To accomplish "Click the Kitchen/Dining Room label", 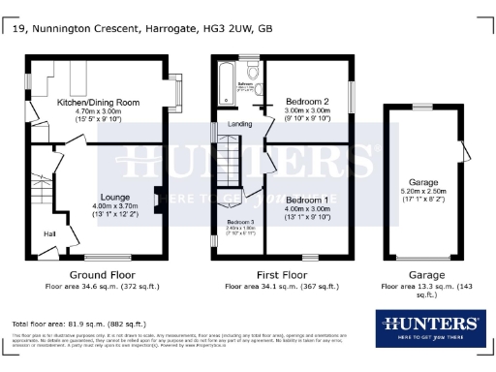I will click(99, 102).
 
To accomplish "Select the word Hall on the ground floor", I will click(48, 233).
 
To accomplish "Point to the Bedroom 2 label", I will click(308, 101).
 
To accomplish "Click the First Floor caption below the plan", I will click(282, 274).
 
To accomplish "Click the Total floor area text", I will click(78, 323).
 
